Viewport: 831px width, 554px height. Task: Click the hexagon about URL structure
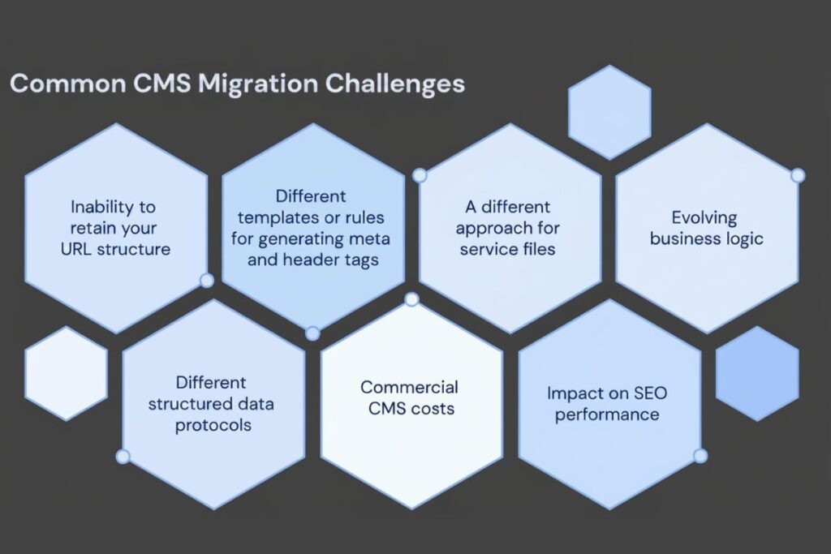click(x=116, y=228)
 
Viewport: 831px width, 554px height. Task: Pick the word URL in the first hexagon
click(x=77, y=249)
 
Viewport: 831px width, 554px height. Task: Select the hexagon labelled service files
click(x=510, y=228)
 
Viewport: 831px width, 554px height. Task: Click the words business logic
click(x=706, y=238)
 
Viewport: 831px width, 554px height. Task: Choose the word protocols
click(x=213, y=425)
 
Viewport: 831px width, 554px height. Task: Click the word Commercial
click(x=410, y=387)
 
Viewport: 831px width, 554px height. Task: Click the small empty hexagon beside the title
click(x=609, y=112)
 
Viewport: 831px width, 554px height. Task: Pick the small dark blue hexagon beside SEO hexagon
click(x=757, y=373)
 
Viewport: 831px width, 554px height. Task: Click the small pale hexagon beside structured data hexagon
click(x=66, y=373)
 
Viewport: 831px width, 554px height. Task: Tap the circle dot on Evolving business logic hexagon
click(x=798, y=175)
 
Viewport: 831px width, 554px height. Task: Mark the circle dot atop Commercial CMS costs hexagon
click(x=411, y=299)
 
